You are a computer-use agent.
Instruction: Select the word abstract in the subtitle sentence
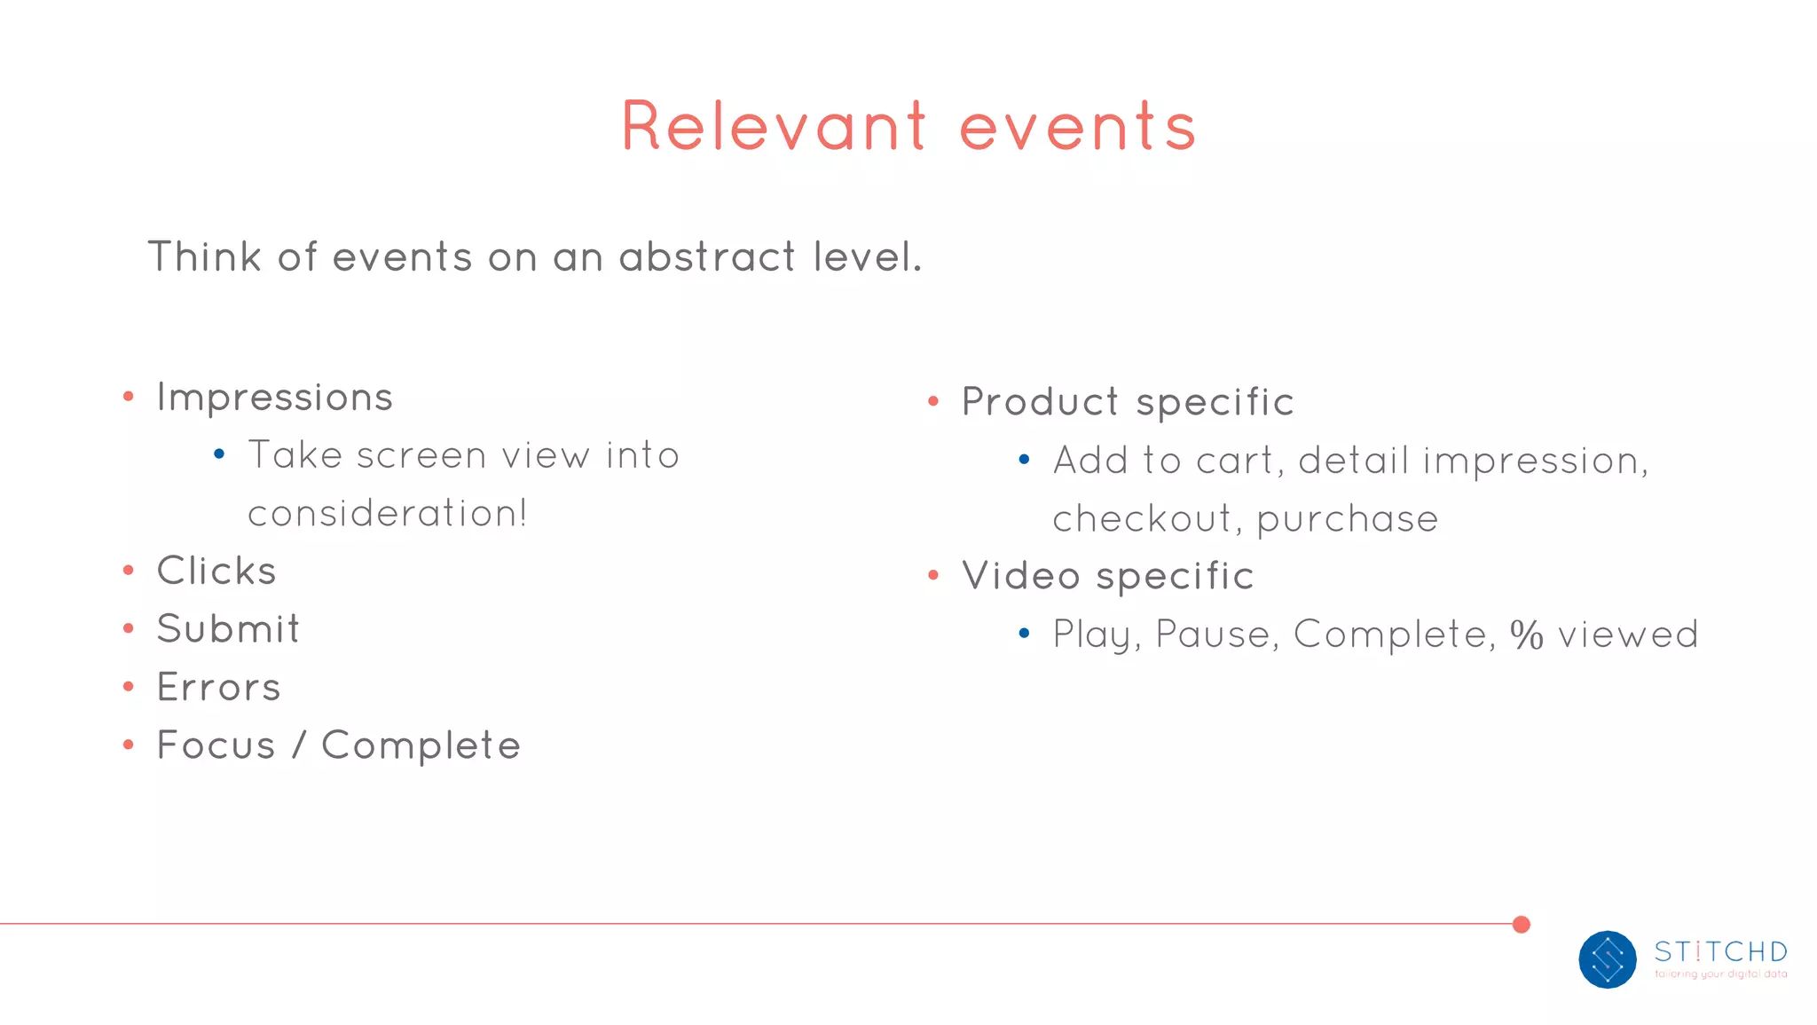[707, 257]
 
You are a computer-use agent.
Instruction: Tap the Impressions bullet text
[275, 398]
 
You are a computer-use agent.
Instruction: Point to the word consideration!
[388, 514]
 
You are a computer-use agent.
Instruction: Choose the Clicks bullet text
[217, 571]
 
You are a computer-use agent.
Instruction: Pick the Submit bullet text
[229, 629]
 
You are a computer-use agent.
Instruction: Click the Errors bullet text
[219, 688]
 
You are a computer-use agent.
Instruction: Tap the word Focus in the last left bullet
[216, 745]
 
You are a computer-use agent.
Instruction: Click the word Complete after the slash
[421, 745]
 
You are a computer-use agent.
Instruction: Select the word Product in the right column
[1041, 403]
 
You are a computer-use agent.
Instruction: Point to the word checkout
[1142, 519]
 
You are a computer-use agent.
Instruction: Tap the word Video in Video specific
[1021, 576]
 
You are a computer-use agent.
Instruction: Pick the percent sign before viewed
[1527, 635]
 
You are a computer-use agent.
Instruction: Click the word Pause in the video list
[1215, 635]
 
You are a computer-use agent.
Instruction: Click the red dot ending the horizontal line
[1522, 925]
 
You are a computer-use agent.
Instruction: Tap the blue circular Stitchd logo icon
[1608, 959]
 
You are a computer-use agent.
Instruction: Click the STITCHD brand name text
[1720, 952]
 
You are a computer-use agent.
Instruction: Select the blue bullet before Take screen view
[219, 455]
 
